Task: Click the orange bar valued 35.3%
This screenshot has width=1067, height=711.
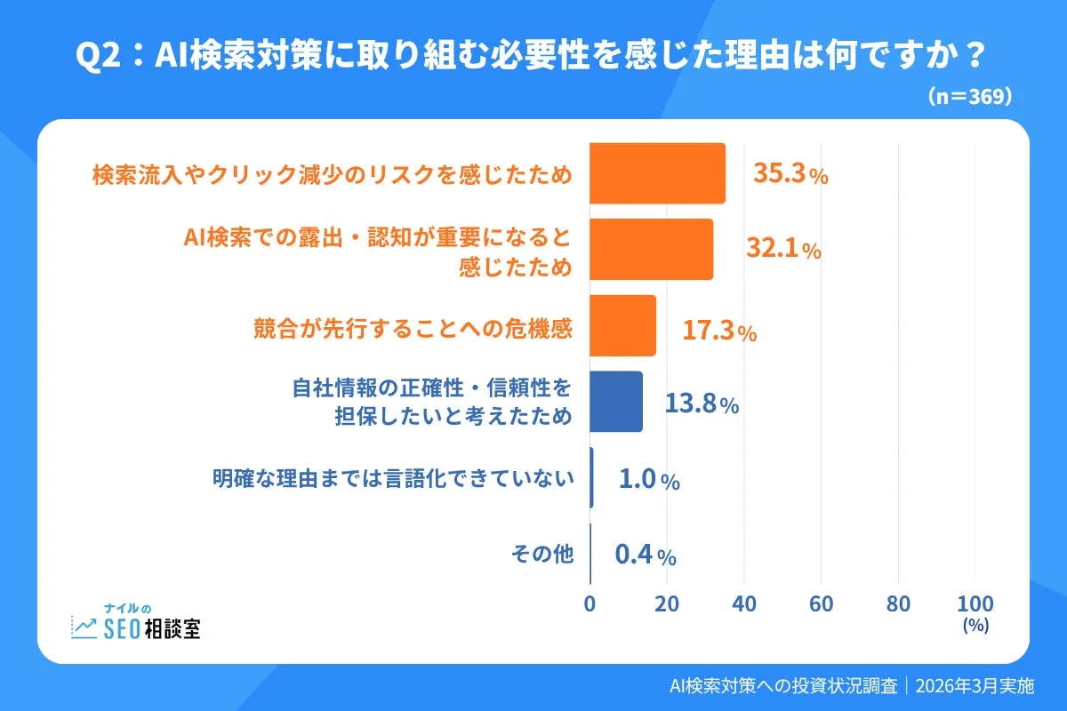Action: click(657, 173)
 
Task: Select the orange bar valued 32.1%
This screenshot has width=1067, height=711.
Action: click(651, 250)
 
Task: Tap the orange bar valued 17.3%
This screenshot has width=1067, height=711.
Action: click(622, 325)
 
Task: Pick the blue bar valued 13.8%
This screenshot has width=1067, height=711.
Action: click(616, 402)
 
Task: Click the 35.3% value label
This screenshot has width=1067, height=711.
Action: click(790, 174)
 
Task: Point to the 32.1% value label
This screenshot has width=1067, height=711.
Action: click(783, 251)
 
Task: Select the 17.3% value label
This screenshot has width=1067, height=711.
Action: click(719, 332)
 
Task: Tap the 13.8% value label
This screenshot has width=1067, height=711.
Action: click(702, 404)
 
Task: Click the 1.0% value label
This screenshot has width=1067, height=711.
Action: click(649, 480)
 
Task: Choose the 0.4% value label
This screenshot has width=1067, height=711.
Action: click(646, 555)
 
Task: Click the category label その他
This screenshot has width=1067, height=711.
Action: click(542, 554)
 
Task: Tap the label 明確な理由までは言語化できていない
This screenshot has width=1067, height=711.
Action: click(392, 478)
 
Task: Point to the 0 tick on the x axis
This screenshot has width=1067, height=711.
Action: click(590, 603)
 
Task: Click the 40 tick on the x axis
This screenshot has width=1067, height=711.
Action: click(744, 603)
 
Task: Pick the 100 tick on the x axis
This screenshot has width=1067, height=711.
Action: click(975, 603)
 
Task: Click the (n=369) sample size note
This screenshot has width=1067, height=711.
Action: click(969, 97)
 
